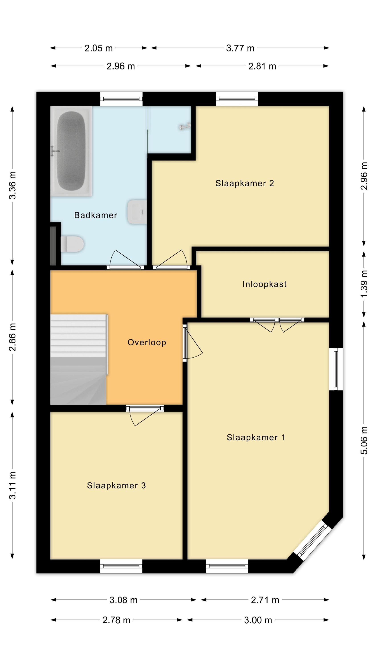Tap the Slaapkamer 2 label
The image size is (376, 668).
[244, 183]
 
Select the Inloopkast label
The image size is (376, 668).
[264, 284]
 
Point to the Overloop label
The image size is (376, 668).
[147, 342]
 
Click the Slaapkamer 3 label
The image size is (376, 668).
[116, 485]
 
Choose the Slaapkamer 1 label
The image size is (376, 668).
[256, 438]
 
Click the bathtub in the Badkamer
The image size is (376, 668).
[71, 151]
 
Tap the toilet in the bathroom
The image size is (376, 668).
[72, 244]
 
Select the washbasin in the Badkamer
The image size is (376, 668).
[137, 212]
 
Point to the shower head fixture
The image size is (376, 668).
[185, 126]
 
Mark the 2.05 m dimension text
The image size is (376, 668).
[99, 48]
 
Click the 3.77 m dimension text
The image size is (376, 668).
[240, 48]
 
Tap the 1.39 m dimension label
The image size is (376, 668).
[364, 284]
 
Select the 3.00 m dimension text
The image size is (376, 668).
[258, 620]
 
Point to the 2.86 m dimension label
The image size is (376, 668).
[12, 337]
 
